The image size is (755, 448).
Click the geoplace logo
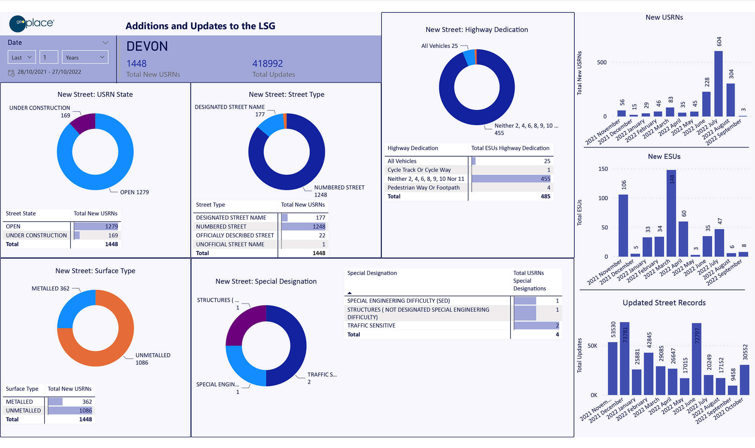coord(31,23)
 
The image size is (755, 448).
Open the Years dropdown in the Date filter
coord(85,57)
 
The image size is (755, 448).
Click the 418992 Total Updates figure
coord(267,63)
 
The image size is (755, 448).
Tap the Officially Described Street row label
coord(235,235)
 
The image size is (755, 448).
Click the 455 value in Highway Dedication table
coord(545,179)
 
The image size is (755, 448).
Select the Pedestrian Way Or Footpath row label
coord(423,188)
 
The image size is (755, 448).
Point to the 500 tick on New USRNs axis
coord(602,62)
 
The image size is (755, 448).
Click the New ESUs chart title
coord(664,156)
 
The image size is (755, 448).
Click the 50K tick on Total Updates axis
coord(592,346)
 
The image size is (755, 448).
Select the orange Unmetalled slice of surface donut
coord(121,347)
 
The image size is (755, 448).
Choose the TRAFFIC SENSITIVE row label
coord(371,325)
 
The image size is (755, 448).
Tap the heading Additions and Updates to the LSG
coord(200,26)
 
